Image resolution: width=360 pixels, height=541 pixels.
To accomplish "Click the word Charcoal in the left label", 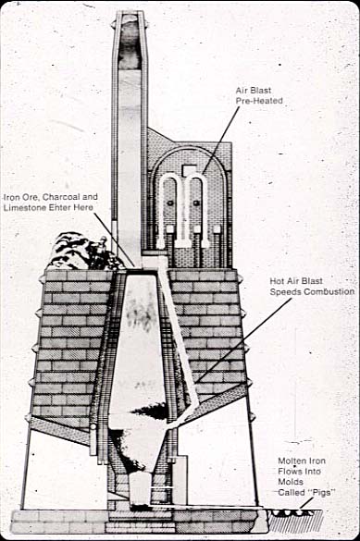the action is coord(62,197).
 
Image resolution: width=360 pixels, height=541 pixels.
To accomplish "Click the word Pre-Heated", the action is coord(259,101).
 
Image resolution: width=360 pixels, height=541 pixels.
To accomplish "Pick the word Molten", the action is coord(292,461).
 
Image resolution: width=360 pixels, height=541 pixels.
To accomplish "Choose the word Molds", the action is coord(291,482).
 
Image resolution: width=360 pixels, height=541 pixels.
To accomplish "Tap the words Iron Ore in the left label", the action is coord(22,197).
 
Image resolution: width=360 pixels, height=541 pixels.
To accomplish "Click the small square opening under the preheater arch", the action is coord(189,169).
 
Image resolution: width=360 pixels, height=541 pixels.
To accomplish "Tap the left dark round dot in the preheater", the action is coord(170,203).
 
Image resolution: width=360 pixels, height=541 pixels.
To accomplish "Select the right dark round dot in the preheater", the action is coord(197,203).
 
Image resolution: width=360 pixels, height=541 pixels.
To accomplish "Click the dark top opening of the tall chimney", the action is coord(130,42).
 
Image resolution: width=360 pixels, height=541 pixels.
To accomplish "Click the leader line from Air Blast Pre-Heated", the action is coord(221,140).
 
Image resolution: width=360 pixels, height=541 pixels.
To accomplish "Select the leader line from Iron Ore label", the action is coord(114,240).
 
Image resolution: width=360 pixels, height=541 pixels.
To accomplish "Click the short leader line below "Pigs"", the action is coord(304,503).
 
